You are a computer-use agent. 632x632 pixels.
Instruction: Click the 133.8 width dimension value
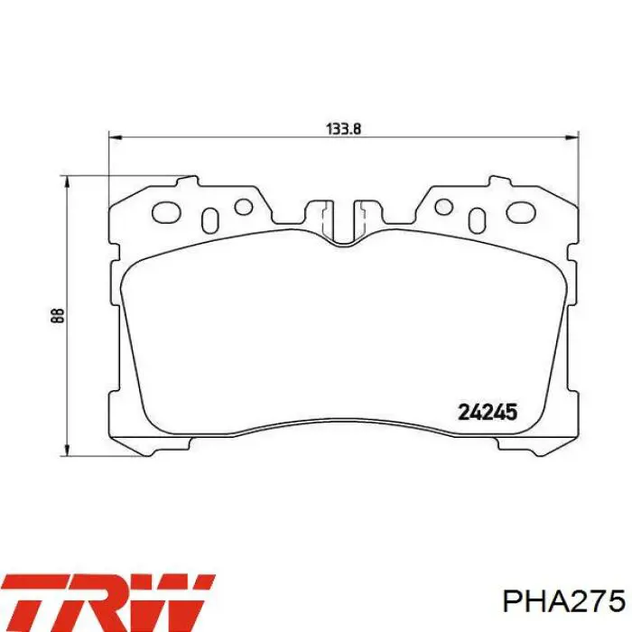tap(343, 129)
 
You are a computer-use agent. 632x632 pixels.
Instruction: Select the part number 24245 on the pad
tap(488, 413)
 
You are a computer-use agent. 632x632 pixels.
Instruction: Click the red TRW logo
tap(107, 603)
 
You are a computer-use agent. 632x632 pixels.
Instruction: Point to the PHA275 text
tap(564, 602)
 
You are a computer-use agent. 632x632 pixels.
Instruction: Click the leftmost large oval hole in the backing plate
tap(166, 212)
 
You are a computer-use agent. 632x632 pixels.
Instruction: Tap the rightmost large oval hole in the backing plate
tap(521, 212)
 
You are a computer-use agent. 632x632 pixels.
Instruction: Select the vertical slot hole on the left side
tap(209, 220)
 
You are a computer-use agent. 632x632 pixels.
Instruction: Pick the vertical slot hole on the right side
tap(478, 220)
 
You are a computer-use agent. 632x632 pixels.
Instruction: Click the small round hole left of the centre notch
tap(244, 207)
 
